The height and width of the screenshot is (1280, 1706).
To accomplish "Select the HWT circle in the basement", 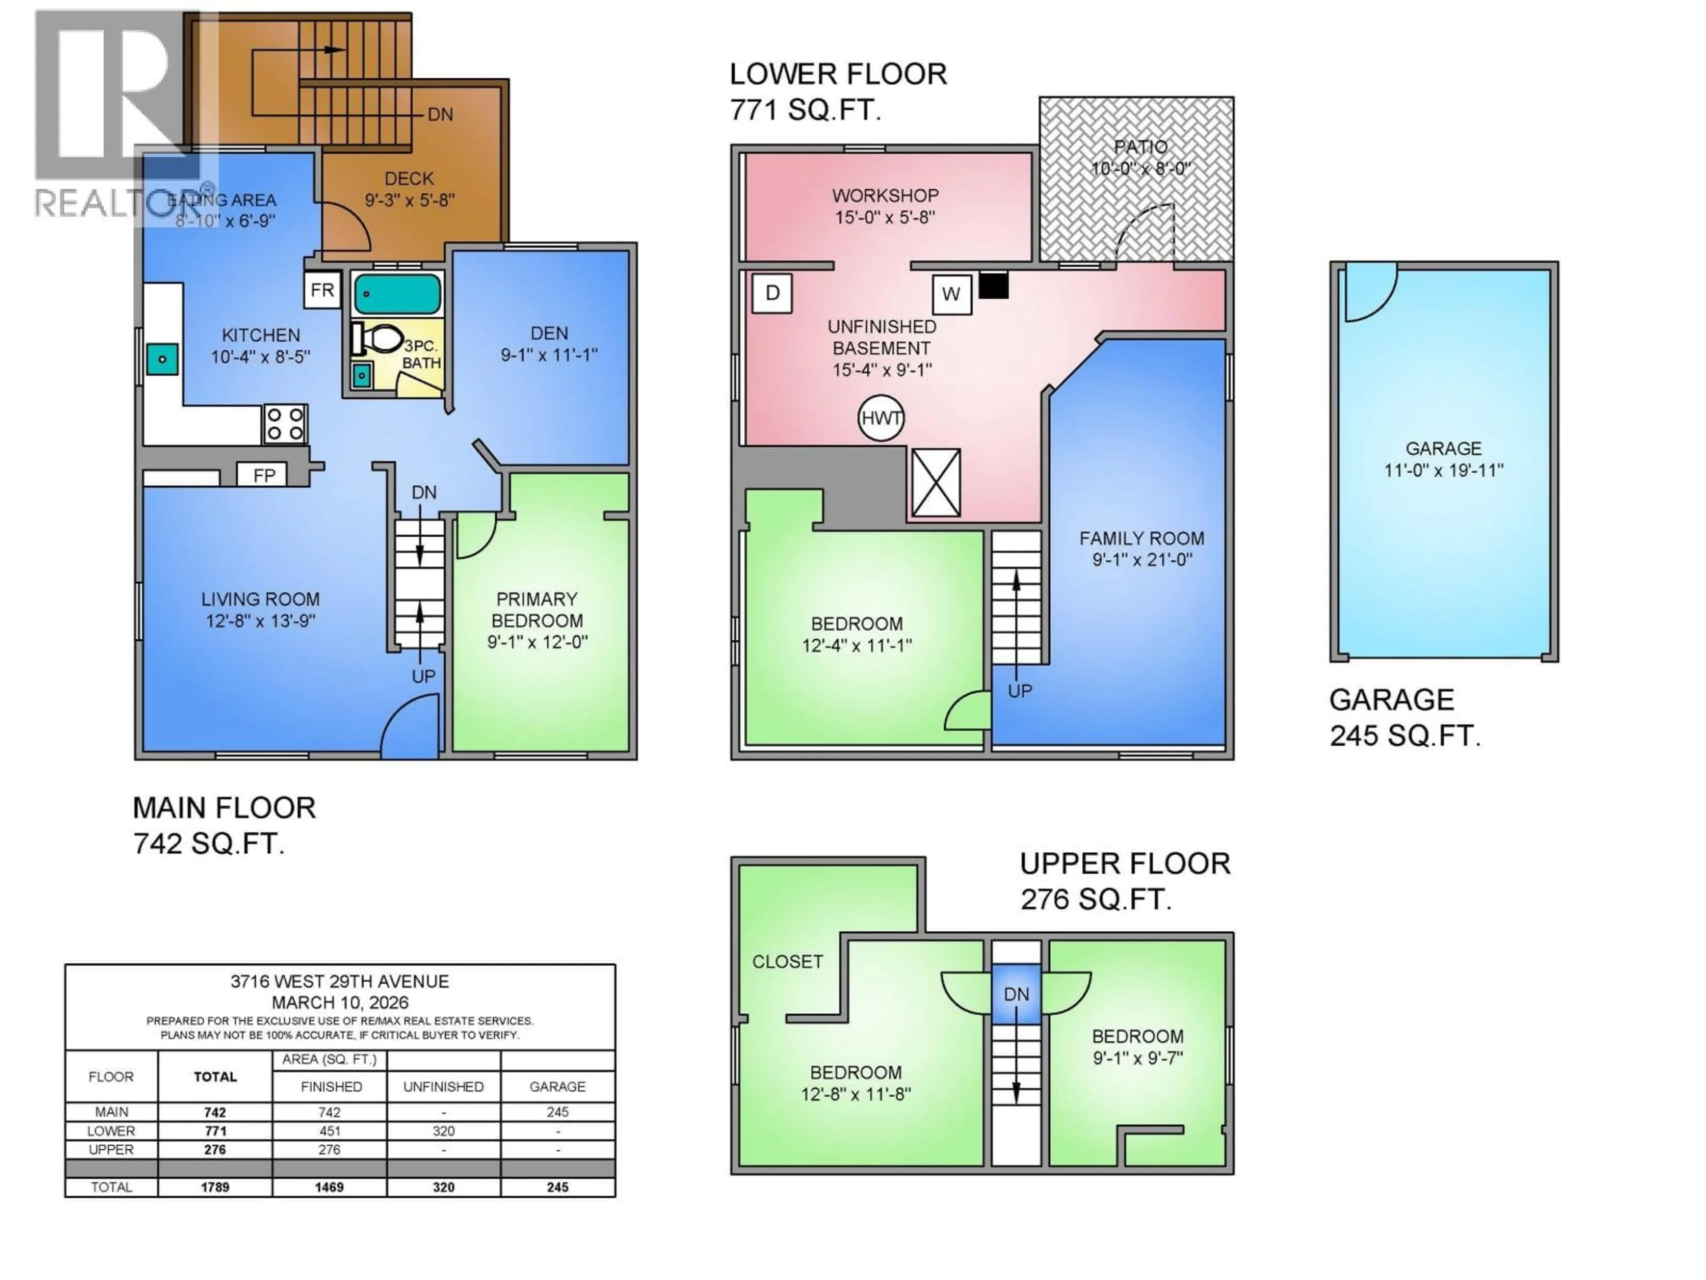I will (881, 418).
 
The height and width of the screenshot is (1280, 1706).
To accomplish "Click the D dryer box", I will (772, 293).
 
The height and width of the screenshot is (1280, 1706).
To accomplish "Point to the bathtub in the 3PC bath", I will (397, 294).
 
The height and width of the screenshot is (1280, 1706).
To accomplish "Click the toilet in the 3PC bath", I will (379, 338).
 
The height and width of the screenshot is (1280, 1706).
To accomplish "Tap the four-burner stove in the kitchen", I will (285, 424).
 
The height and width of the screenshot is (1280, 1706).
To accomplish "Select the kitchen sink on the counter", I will (162, 360).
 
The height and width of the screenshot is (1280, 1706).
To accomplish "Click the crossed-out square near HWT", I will (936, 483).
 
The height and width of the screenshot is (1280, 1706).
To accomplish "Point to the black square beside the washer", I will (993, 285).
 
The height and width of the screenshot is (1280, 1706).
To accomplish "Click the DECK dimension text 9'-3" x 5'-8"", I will (410, 200).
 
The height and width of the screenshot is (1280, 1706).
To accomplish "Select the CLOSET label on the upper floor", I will (787, 961).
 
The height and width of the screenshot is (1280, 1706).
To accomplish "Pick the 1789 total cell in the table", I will (215, 1187).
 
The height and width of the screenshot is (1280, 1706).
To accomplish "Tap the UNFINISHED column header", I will (443, 1086).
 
